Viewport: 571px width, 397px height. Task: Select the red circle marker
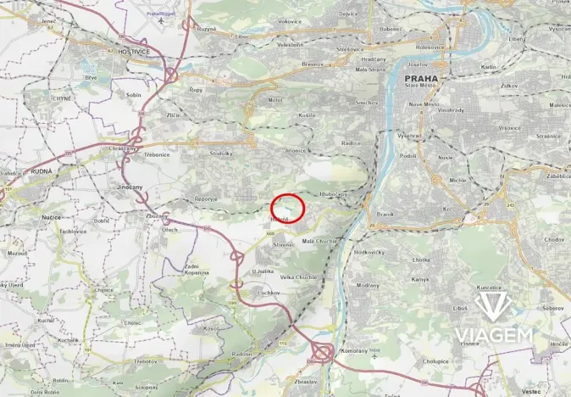pos(287,208)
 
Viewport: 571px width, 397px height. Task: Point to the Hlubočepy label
pos(334,194)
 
